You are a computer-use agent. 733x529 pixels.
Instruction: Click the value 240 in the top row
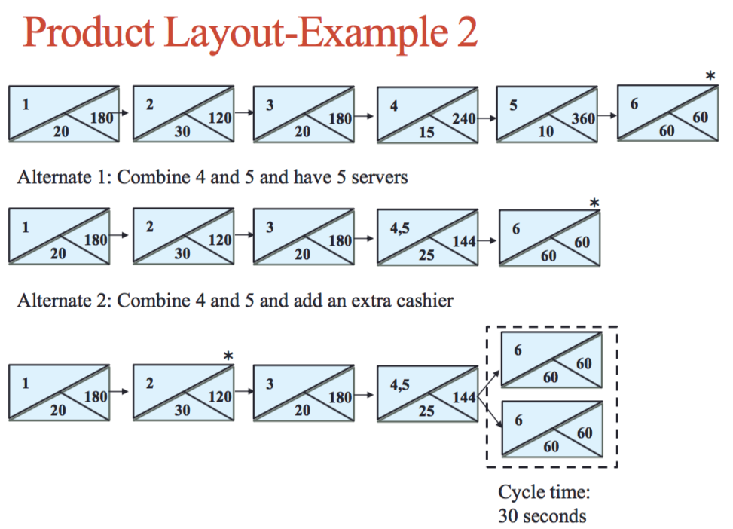tap(463, 118)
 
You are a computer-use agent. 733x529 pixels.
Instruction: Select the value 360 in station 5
tap(582, 118)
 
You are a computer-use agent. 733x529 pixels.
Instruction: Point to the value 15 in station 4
tap(426, 132)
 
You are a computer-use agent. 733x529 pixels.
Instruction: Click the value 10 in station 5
tap(546, 132)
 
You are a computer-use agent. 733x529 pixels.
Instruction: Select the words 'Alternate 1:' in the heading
tap(65, 178)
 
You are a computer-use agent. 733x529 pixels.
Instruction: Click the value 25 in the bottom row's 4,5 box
tap(426, 411)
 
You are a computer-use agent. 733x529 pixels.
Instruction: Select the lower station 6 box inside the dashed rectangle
tap(552, 429)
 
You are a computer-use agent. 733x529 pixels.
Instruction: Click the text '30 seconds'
tap(542, 516)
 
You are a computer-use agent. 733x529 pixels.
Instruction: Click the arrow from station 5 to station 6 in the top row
tap(608, 118)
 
